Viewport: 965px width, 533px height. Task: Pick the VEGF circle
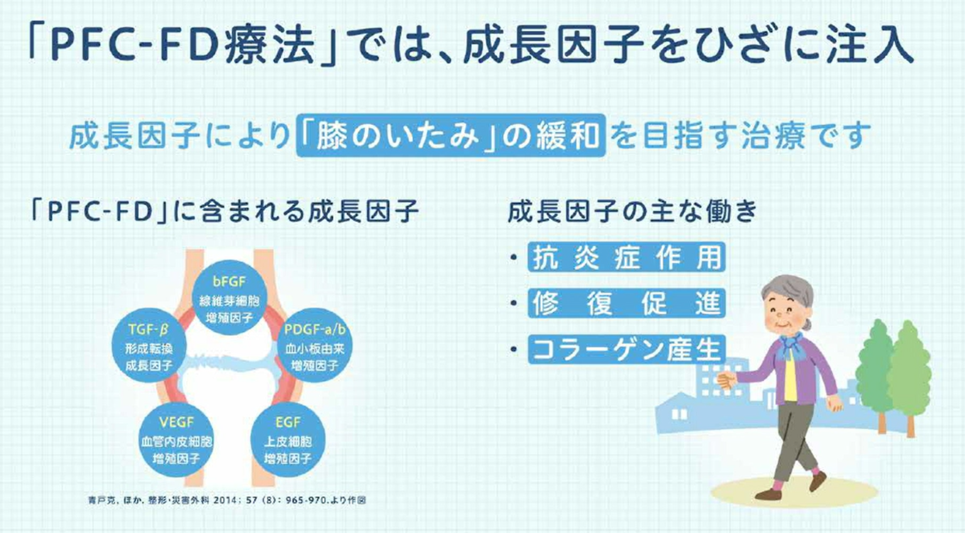coord(177,440)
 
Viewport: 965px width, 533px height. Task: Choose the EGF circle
coord(288,440)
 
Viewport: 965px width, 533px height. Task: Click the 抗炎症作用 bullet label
coord(626,257)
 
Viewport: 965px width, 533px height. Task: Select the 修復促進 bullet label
coord(626,304)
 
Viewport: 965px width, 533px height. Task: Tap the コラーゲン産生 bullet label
coord(626,350)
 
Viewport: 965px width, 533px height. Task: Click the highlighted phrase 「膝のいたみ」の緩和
coord(450,136)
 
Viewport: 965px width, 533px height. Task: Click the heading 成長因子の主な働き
coord(631,212)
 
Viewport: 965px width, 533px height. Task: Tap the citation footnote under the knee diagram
coord(227,500)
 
